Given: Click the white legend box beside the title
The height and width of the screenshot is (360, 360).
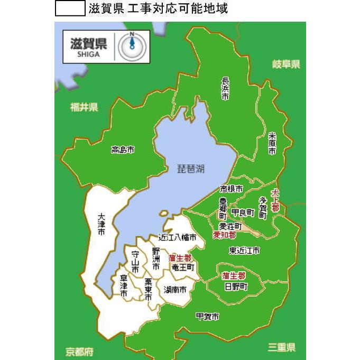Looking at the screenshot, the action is (x=70, y=8).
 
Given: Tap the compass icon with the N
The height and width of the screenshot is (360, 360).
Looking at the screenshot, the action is (x=130, y=47).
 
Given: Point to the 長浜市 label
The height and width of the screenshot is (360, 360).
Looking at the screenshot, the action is (x=225, y=88).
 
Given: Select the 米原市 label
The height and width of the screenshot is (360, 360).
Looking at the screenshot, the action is (x=272, y=143).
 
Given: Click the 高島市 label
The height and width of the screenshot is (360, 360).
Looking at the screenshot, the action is (x=123, y=150).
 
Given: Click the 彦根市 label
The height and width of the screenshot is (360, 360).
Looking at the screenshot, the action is (x=232, y=189).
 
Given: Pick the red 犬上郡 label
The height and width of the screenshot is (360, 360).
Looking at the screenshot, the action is (x=275, y=200).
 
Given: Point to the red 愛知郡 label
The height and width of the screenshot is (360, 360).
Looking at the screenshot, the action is (x=225, y=234).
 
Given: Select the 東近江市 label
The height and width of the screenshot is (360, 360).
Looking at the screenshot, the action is (x=244, y=250).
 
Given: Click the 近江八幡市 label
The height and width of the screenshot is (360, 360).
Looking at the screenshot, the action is (x=178, y=237).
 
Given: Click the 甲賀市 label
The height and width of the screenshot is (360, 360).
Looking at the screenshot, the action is (x=207, y=316).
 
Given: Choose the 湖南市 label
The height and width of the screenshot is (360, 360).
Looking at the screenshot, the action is (x=175, y=290).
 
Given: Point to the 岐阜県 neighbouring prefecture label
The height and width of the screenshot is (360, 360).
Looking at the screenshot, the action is (x=286, y=64).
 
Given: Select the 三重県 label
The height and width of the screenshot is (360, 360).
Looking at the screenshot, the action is (x=281, y=347).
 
